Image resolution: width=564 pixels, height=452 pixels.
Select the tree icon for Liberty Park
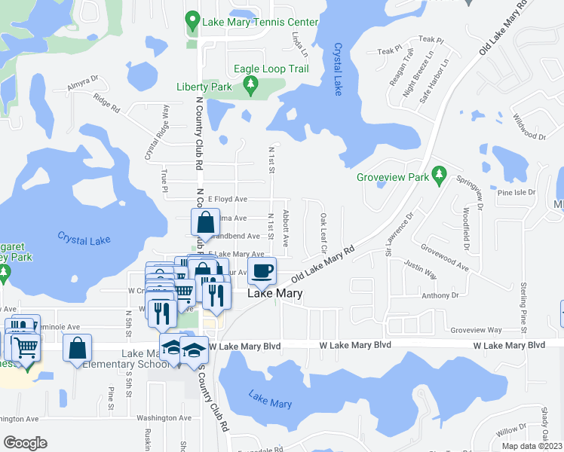[251, 88]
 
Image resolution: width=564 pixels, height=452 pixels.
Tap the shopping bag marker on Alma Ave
[206, 223]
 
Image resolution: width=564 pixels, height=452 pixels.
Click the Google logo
[25, 442]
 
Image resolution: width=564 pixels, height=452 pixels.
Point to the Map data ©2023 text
[532, 446]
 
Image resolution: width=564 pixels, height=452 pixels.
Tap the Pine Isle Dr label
[516, 192]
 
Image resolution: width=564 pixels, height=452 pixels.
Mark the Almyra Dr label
[82, 82]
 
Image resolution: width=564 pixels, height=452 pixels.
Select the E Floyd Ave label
[227, 199]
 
